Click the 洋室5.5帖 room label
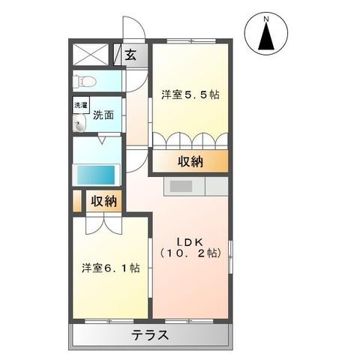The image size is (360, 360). coord(191,95)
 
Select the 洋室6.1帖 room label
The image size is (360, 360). coord(110,267)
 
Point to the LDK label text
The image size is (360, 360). coord(190,241)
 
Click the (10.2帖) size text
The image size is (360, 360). coord(190,253)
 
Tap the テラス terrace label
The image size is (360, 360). coord(151,335)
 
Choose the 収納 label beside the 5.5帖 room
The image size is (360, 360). coord(190,162)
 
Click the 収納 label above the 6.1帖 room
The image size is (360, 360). coord(104,201)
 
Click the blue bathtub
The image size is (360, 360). coord(97,174)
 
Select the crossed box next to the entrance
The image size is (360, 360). coord(92,55)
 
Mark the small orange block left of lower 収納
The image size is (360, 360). coord(77,202)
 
